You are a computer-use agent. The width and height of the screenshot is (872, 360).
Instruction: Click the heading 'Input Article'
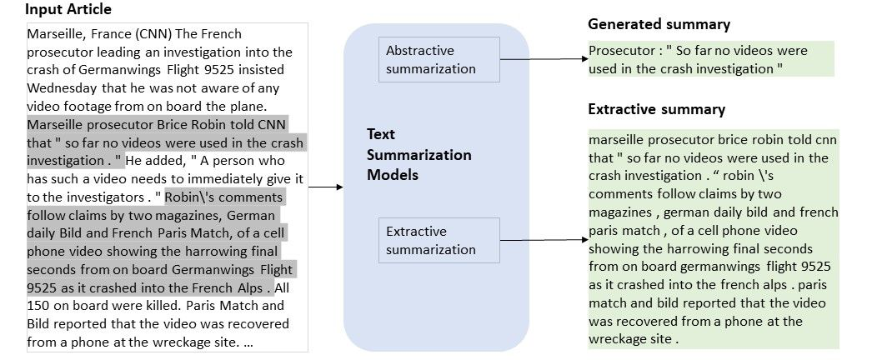68,10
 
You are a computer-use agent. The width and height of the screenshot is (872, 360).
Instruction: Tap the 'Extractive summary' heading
656,109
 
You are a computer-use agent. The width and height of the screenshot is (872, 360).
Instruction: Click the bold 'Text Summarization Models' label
418,154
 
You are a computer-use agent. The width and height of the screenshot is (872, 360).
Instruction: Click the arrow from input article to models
326,187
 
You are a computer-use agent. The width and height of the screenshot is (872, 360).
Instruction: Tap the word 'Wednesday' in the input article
62,87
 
